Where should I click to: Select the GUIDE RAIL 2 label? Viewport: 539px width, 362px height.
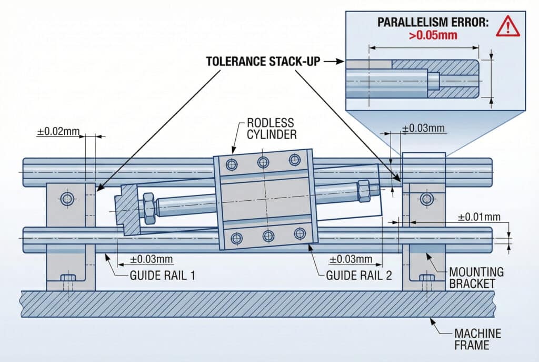click(359, 275)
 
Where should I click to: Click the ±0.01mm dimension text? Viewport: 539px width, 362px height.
click(478, 217)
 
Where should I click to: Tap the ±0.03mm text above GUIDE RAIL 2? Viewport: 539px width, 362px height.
click(351, 260)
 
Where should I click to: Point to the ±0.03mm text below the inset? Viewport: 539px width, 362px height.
click(423, 128)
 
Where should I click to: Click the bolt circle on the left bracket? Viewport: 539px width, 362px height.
click(67, 199)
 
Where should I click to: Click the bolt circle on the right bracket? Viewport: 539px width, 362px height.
click(426, 199)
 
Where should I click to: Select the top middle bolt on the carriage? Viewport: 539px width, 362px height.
click(263, 162)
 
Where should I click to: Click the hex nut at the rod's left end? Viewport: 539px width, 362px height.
click(148, 206)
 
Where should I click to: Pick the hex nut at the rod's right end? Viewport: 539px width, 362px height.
click(363, 191)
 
